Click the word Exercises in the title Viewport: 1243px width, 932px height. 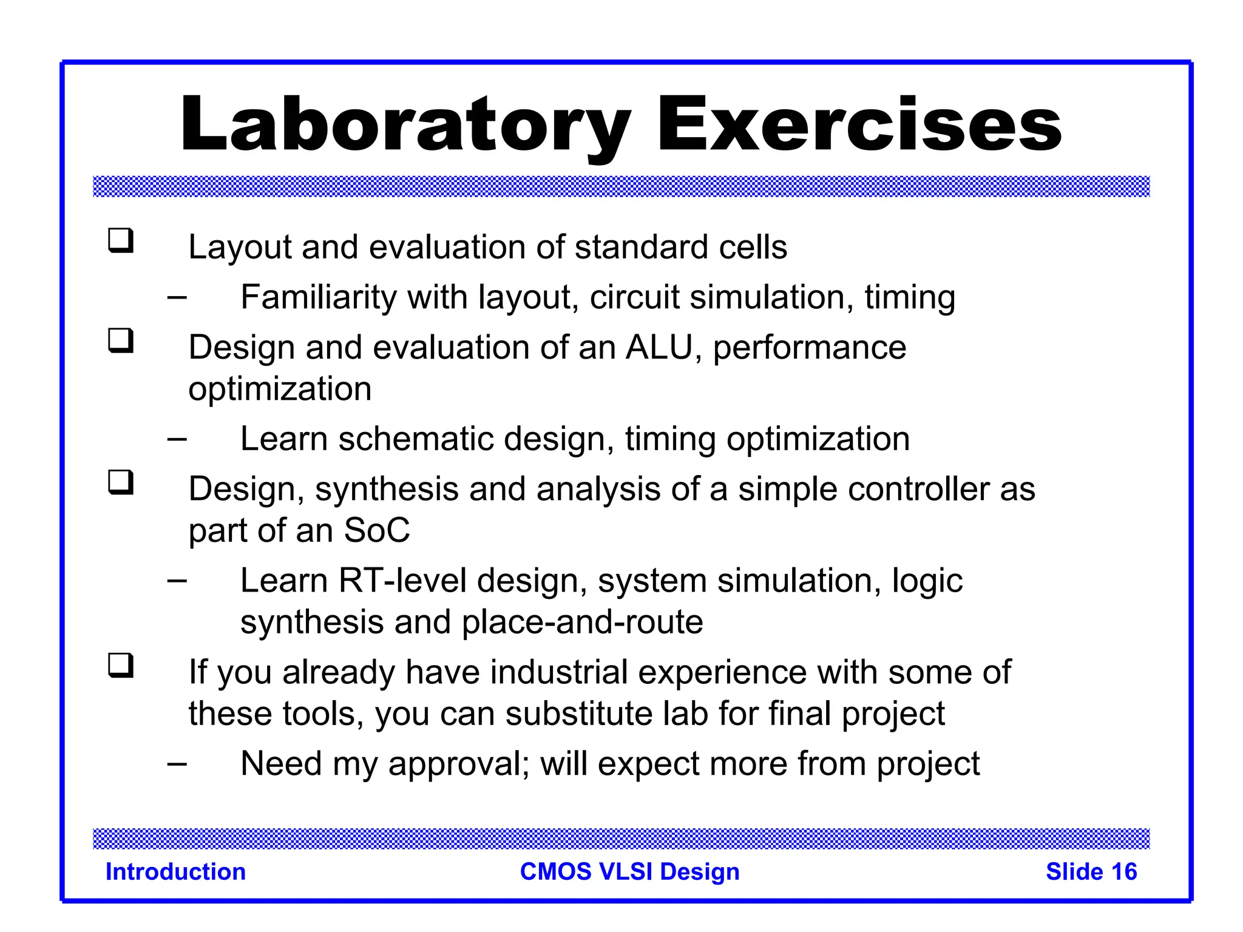point(858,125)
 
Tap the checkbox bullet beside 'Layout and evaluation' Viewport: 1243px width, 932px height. point(121,240)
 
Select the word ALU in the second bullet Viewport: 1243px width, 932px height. point(659,348)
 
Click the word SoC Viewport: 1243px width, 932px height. point(376,530)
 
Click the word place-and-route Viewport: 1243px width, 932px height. point(582,622)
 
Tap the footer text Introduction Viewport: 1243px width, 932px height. point(175,872)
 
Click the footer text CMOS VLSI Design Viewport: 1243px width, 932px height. point(629,872)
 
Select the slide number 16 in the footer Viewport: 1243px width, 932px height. point(1123,872)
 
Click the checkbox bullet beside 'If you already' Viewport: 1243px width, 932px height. point(121,666)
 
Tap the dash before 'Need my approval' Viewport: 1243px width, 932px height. point(177,764)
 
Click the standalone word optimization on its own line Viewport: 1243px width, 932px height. point(280,389)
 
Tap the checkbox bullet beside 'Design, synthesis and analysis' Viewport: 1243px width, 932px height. point(121,483)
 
